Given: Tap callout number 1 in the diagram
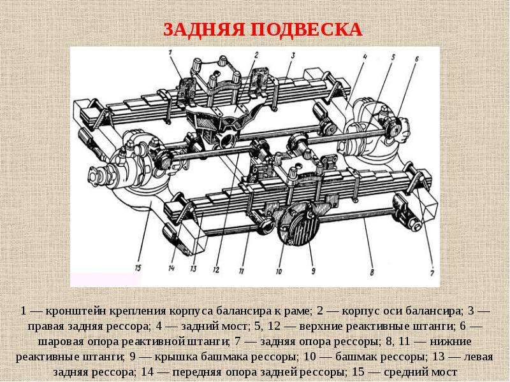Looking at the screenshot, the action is pyautogui.click(x=171, y=52).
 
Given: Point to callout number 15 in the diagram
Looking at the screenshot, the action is pyautogui.click(x=138, y=268).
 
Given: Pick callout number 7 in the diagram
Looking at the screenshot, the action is pyautogui.click(x=432, y=274).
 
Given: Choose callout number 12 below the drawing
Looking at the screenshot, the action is pyautogui.click(x=216, y=269).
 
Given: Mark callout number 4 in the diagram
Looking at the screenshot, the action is pyautogui.click(x=365, y=57).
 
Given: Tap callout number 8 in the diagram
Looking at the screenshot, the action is pyautogui.click(x=372, y=272).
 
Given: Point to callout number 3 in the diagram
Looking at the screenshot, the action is pyautogui.click(x=293, y=56).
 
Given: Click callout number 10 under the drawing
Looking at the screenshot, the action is pyautogui.click(x=279, y=271).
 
